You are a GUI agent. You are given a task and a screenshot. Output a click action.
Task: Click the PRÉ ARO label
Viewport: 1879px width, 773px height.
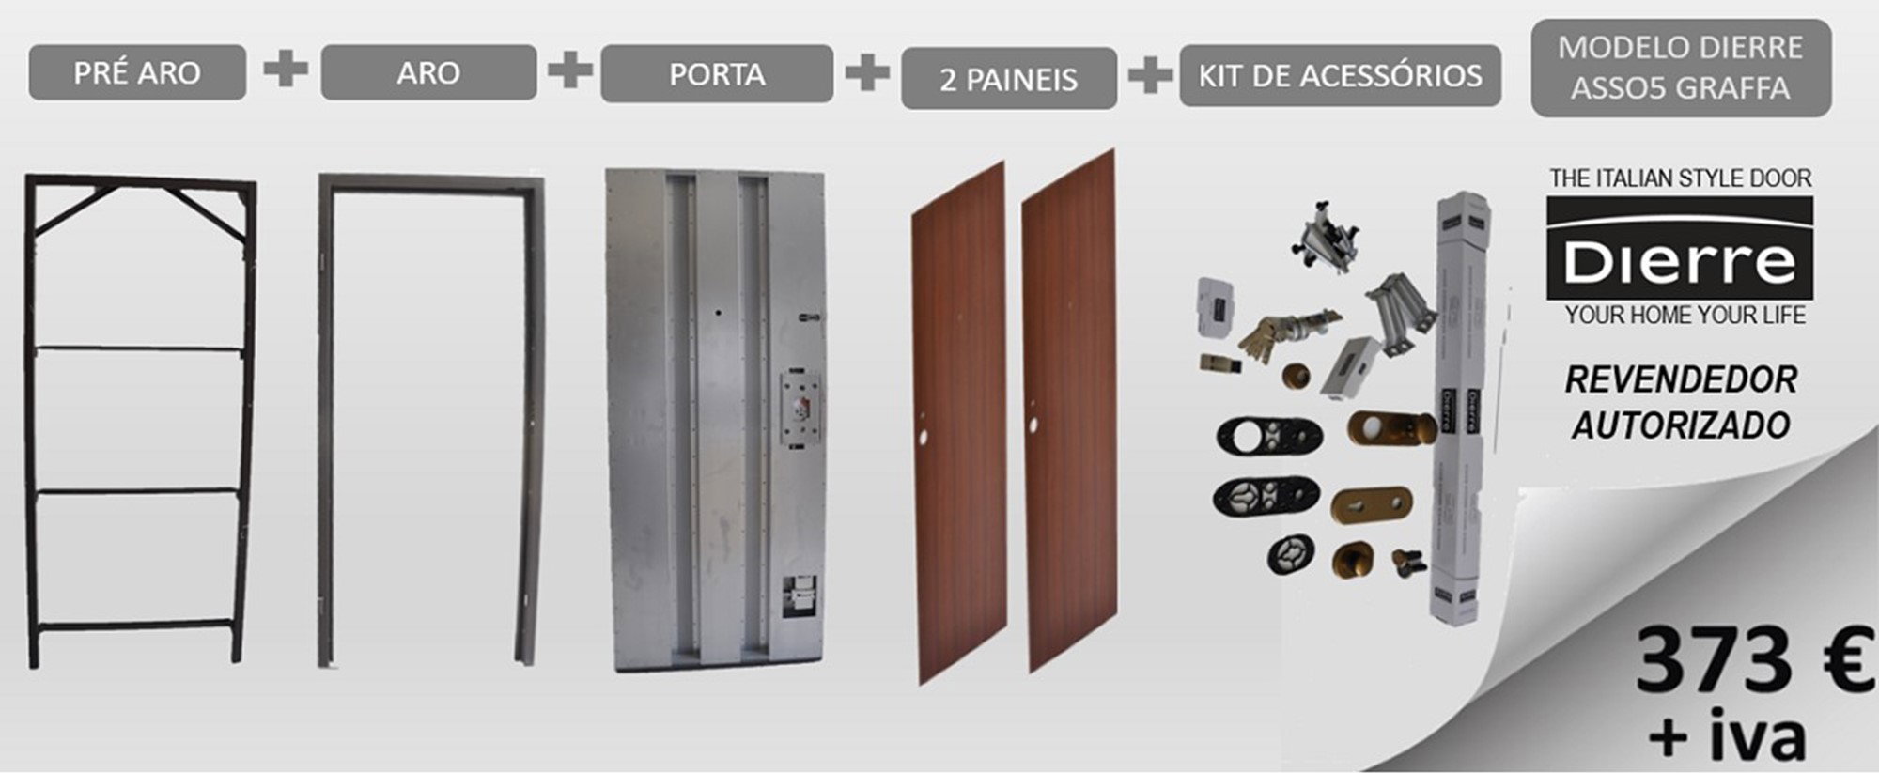(137, 72)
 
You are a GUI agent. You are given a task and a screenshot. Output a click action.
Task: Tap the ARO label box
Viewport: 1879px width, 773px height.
(428, 72)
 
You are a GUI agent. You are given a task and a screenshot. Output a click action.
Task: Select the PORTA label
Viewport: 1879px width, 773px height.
(717, 73)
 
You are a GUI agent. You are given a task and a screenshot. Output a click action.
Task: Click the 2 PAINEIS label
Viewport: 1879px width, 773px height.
(1009, 78)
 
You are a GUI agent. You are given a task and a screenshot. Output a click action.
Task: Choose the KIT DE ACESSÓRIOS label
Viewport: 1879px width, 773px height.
(1341, 75)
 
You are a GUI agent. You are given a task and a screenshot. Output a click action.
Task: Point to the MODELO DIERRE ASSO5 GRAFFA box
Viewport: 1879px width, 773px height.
(1681, 68)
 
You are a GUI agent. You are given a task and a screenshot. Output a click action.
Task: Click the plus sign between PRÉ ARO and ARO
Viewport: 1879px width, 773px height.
(285, 70)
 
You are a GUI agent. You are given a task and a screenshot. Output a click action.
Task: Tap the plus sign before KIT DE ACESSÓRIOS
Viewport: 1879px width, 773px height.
(1149, 75)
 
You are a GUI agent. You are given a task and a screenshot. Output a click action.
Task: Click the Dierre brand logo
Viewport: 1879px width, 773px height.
(1680, 250)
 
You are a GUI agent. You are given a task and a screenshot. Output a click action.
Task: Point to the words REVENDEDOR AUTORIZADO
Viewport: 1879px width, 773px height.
(1681, 402)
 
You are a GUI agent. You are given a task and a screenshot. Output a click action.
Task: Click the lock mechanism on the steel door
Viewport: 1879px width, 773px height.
(800, 409)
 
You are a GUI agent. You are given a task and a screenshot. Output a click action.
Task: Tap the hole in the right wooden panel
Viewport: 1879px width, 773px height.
(1033, 425)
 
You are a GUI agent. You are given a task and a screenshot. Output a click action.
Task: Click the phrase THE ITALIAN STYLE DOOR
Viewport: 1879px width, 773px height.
(1681, 178)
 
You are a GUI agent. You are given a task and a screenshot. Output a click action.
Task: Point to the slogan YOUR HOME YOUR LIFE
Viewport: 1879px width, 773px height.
(1685, 316)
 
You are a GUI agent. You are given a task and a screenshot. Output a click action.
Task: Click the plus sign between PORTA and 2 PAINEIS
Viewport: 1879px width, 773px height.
(867, 71)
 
